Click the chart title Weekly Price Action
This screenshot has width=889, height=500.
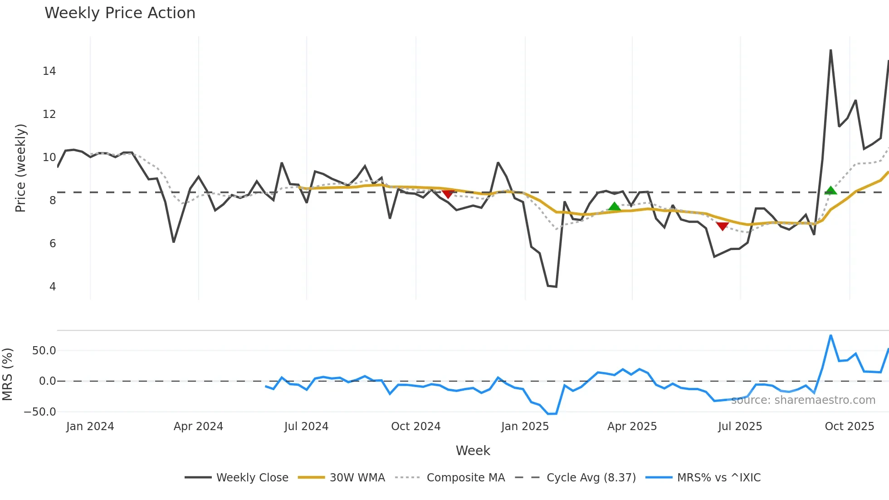(120, 13)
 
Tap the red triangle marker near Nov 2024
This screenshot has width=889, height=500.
(448, 194)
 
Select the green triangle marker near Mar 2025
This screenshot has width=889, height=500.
(614, 207)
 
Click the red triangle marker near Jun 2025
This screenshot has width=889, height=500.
(722, 226)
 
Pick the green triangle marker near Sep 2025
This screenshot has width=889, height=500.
(830, 191)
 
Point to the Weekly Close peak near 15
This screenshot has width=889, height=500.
(830, 50)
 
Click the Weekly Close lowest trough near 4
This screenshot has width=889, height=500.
(556, 286)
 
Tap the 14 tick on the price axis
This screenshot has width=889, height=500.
(49, 71)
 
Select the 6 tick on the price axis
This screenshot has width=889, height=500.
(53, 244)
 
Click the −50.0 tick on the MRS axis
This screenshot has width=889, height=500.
(40, 412)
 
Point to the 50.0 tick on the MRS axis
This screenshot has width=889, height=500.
(44, 351)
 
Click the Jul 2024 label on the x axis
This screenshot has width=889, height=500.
(306, 426)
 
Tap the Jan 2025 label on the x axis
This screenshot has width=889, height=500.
(525, 426)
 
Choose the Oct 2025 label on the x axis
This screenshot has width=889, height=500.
(849, 426)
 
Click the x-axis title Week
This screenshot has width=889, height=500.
(473, 451)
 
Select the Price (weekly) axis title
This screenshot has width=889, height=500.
(21, 168)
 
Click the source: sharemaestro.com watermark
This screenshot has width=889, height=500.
(803, 400)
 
